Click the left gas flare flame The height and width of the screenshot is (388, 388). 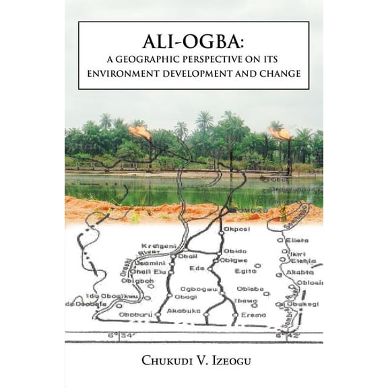click(x=141, y=132)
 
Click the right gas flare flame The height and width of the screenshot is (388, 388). click(x=282, y=133)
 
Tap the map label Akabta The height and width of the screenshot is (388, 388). click(x=296, y=272)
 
